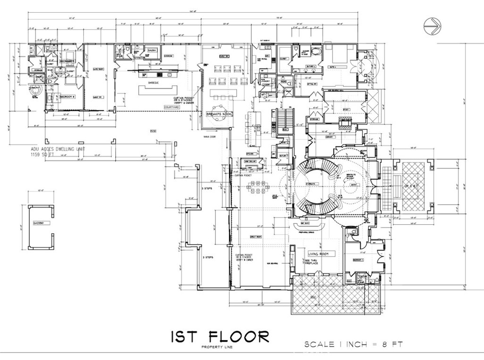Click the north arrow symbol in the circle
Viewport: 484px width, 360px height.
pos(432,26)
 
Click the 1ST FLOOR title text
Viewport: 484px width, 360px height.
pos(220,337)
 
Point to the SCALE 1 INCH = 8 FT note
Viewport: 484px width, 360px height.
pos(353,344)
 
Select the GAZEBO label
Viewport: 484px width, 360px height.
pos(38,222)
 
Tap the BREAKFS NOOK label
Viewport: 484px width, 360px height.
pos(218,114)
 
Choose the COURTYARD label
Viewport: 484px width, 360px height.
pos(172,107)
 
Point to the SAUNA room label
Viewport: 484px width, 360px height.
pos(152,49)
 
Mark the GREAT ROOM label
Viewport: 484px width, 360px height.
pos(256,237)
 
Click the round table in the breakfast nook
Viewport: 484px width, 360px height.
pos(218,121)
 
